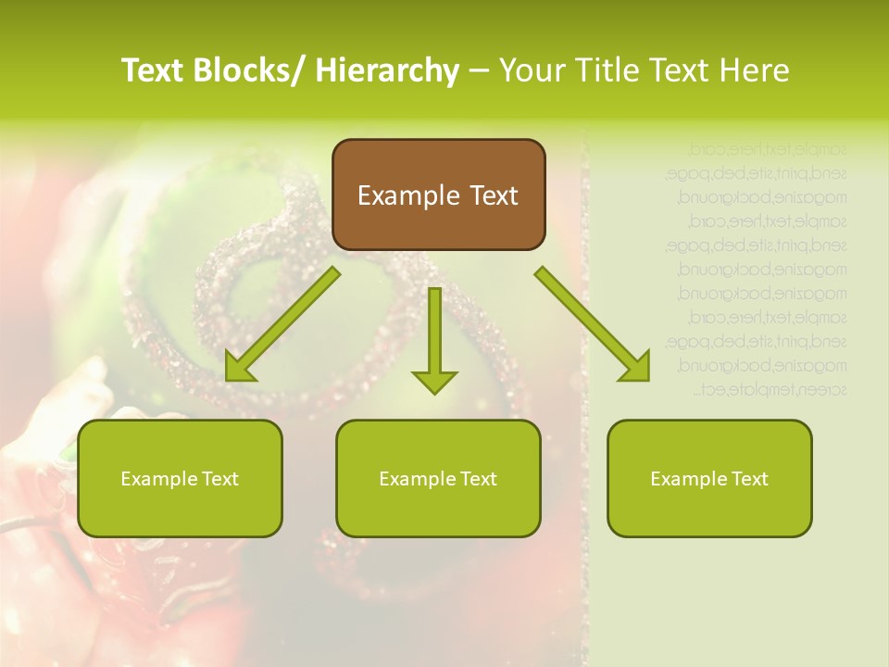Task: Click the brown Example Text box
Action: pyautogui.click(x=438, y=195)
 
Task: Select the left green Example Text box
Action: pyautogui.click(x=180, y=478)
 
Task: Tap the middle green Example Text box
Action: pyautogui.click(x=438, y=478)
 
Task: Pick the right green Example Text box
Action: pyautogui.click(x=709, y=478)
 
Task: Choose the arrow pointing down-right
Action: pyautogui.click(x=593, y=324)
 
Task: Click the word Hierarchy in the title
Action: pyautogui.click(x=387, y=70)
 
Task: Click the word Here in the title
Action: pyautogui.click(x=755, y=70)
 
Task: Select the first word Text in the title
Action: pyautogui.click(x=153, y=70)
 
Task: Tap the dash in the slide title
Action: pyautogui.click(x=478, y=71)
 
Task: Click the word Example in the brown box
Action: pyautogui.click(x=408, y=195)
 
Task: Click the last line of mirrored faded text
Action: pyautogui.click(x=770, y=390)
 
